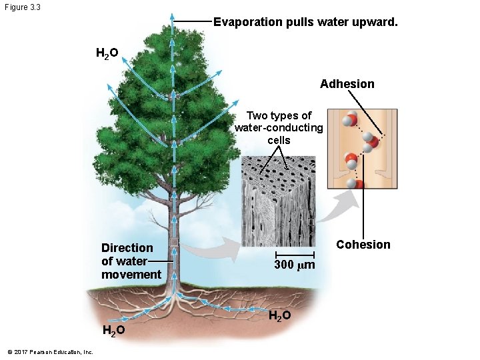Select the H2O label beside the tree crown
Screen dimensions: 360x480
point(107,53)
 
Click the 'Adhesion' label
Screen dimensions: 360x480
point(347,84)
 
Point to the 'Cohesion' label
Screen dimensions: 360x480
point(363,245)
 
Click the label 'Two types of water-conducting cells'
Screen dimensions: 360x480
point(279,128)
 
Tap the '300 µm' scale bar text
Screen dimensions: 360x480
point(295,266)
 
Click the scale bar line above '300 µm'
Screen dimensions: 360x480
point(295,255)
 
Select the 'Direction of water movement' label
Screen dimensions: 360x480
point(131,261)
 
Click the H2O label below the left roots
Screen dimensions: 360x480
point(113,331)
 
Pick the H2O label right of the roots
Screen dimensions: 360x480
point(279,315)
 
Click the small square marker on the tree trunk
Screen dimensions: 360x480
point(174,242)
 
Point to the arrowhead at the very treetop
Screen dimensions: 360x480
point(172,16)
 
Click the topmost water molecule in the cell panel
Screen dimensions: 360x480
point(349,121)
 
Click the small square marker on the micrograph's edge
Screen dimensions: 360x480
point(311,221)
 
